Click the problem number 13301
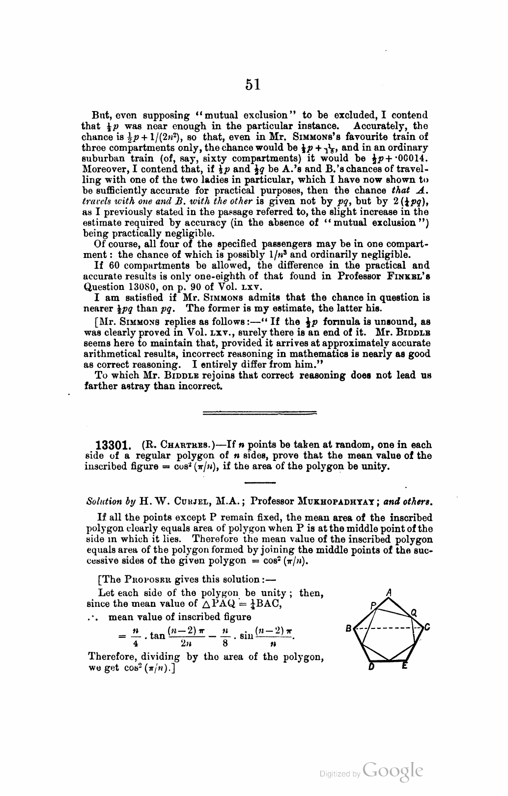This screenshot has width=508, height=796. click(114, 445)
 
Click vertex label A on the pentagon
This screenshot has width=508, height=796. click(389, 593)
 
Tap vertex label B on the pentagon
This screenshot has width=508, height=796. click(348, 628)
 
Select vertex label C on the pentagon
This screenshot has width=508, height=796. click(427, 627)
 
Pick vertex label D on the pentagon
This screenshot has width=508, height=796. click(371, 666)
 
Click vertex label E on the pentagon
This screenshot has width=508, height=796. click(404, 666)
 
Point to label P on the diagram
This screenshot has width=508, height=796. click(373, 605)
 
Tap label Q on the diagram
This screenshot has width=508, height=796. click(414, 612)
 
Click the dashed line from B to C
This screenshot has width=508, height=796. click(388, 628)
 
